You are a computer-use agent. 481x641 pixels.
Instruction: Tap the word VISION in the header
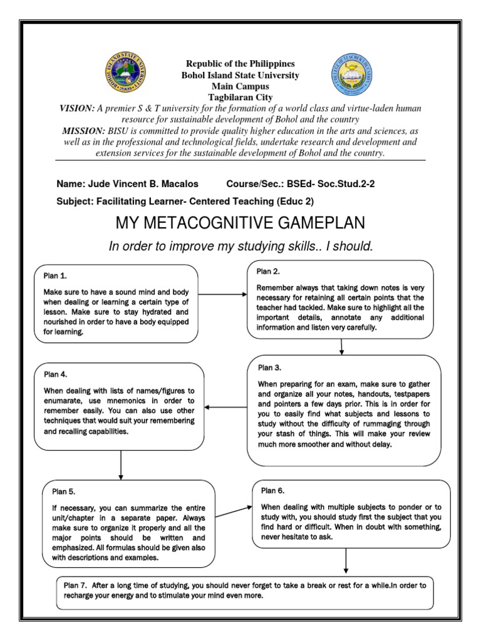click(x=77, y=108)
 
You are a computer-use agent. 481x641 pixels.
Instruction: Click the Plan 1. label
click(x=54, y=275)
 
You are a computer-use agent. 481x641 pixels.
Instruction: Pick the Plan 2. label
click(x=268, y=270)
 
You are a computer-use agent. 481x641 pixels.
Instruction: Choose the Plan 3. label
click(x=270, y=367)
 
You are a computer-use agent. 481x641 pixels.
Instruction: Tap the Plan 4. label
click(x=54, y=374)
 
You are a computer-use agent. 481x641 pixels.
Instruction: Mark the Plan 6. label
click(x=273, y=490)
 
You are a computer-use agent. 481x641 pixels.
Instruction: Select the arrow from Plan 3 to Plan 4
click(x=226, y=408)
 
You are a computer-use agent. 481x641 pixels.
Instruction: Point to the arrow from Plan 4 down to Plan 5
click(x=120, y=464)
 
